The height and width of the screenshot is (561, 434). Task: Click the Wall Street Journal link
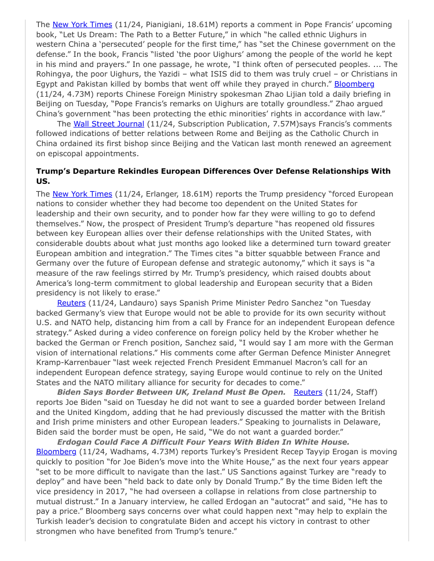pyautogui.click(x=108, y=124)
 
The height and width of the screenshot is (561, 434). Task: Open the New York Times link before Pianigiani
pyautogui.click(x=82, y=24)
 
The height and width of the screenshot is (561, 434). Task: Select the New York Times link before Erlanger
pyautogui.click(x=82, y=194)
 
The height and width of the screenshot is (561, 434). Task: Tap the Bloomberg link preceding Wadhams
pyautogui.click(x=56, y=452)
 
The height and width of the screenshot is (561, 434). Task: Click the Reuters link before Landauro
pyautogui.click(x=71, y=303)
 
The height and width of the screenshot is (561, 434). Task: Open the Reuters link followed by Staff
pyautogui.click(x=308, y=392)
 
